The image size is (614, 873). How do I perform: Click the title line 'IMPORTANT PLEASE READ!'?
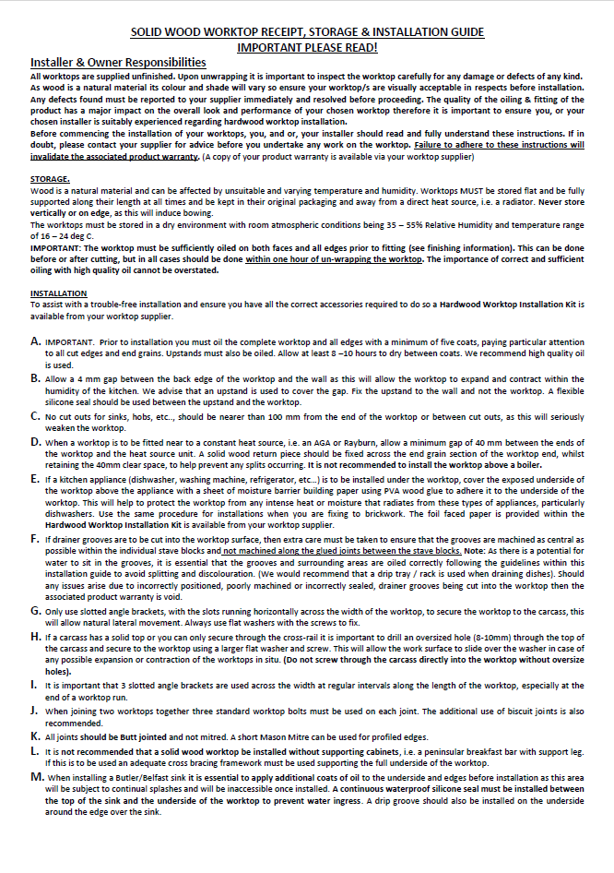[x=307, y=46]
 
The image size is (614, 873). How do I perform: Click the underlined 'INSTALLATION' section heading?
[x=59, y=293]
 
